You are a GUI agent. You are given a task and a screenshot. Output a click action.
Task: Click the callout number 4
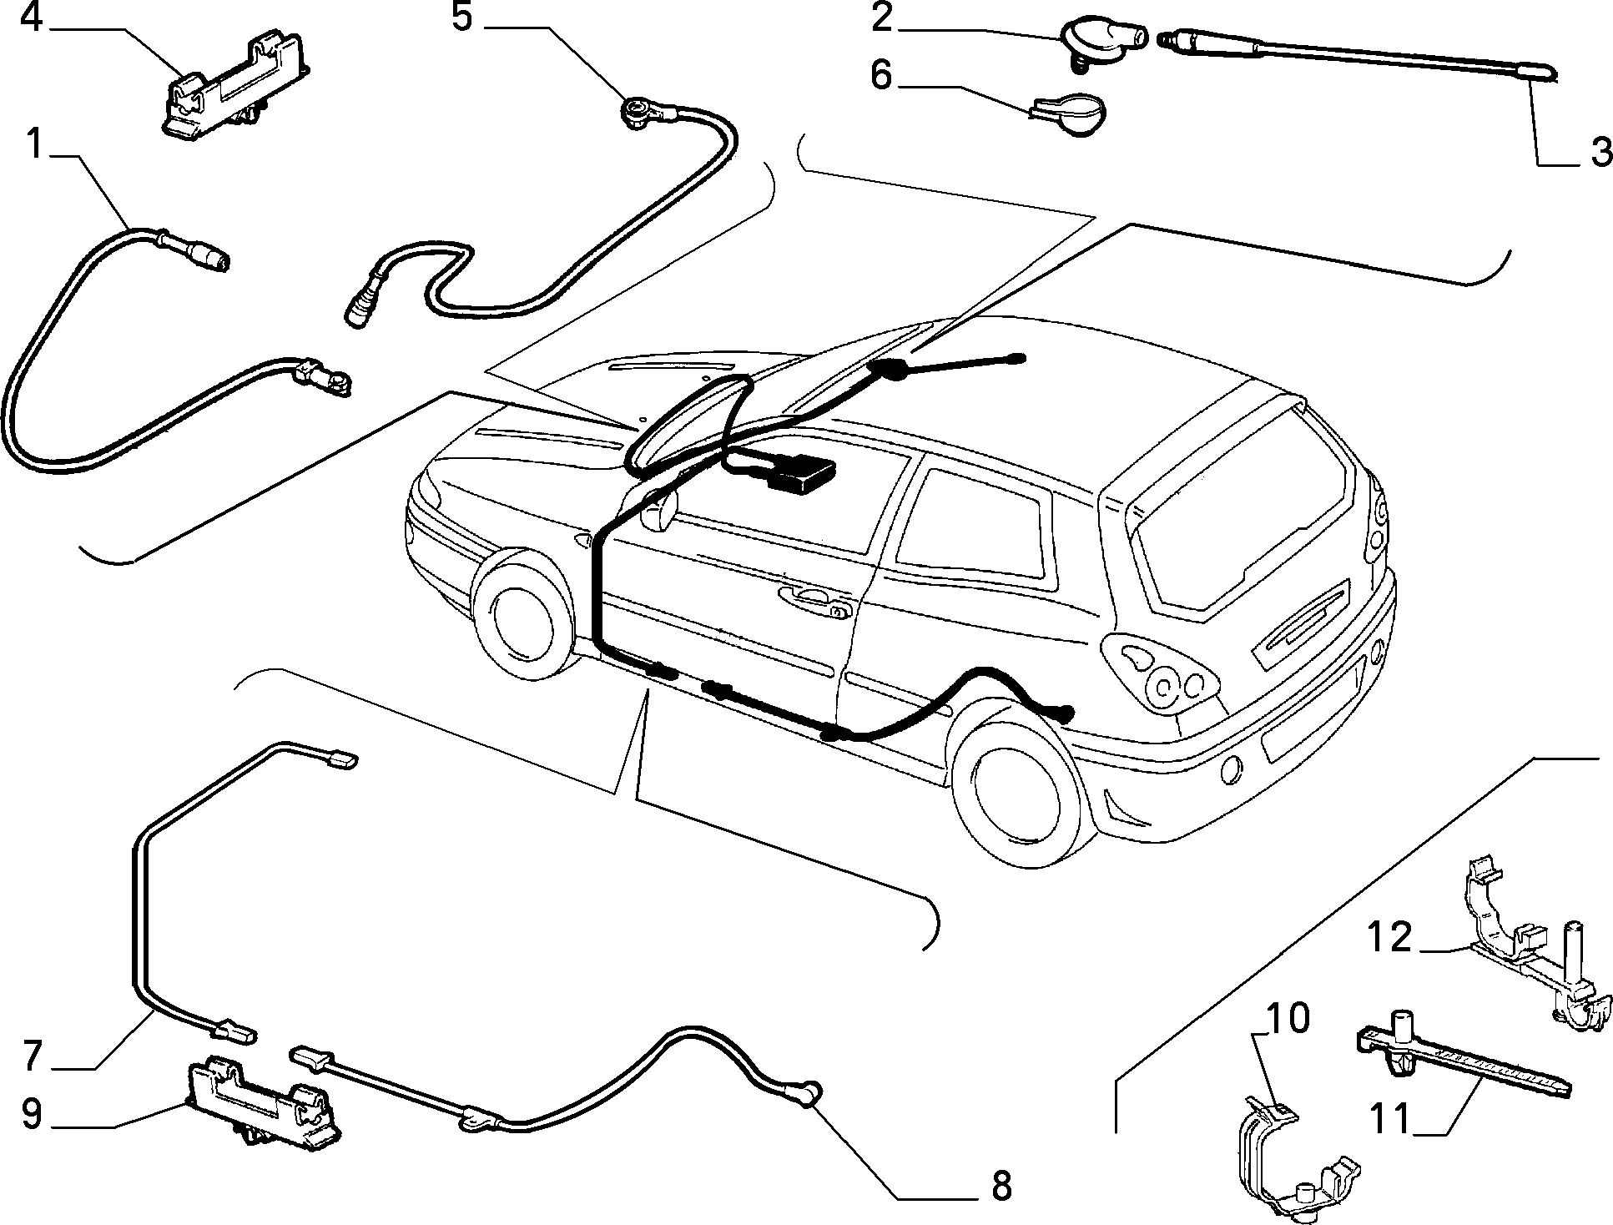[31, 18]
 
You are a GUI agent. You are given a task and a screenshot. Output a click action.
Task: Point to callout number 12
[1389, 939]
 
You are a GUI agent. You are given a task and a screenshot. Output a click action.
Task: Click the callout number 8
[1000, 1186]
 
